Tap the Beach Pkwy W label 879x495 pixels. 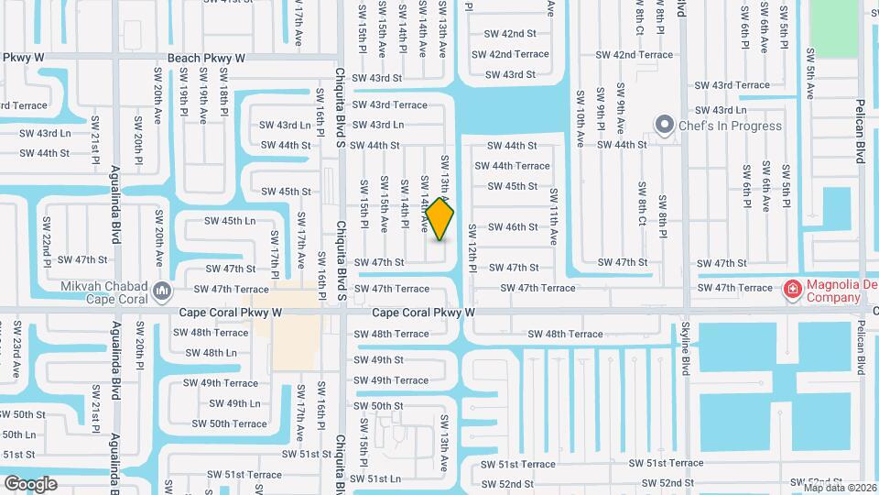coord(206,57)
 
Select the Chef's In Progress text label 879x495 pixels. coord(730,126)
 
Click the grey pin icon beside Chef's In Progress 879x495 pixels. coord(664,125)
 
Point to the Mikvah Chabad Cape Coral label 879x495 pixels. coord(100,291)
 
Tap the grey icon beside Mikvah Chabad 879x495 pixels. coord(162,291)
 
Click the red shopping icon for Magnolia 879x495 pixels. coord(792,291)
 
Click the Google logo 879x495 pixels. coord(30,483)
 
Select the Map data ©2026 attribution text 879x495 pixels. coord(840,488)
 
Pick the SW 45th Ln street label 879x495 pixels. coord(230,221)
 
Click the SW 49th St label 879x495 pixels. coord(378,359)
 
